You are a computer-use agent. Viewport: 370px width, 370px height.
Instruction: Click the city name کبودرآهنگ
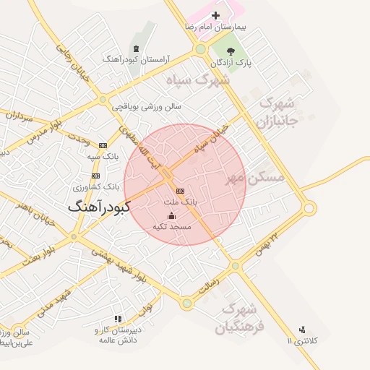pos(100,207)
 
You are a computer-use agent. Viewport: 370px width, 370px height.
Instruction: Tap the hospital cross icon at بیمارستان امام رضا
pos(215,15)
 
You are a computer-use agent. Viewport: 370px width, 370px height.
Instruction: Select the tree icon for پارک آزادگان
pos(231,51)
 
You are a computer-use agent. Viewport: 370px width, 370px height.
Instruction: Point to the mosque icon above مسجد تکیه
pos(171,215)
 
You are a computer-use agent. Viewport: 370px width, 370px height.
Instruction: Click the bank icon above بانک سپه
pos(103,145)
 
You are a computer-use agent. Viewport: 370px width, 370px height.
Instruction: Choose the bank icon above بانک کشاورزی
pos(95,176)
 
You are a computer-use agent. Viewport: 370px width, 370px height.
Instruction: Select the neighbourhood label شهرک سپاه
pos(197,79)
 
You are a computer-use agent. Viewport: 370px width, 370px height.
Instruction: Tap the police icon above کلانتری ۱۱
pos(302,330)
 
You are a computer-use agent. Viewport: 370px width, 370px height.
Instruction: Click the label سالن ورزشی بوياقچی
pos(146,106)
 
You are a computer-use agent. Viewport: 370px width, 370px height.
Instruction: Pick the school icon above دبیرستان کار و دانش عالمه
pos(118,319)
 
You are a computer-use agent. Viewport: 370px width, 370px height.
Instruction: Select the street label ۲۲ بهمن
pos(267,242)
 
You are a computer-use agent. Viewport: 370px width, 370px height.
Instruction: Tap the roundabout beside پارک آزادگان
pos(200,49)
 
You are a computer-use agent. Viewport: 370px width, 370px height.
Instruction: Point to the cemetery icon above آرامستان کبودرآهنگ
pos(135,49)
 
